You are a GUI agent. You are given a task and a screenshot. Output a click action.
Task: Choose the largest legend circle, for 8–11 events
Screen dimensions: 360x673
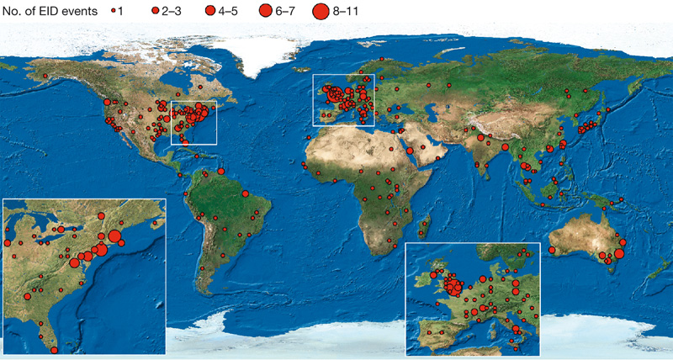coord(321,12)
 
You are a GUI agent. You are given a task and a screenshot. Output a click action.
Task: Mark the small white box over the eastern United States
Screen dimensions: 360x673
coord(194,122)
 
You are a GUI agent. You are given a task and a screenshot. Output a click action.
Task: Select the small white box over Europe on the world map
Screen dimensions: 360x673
coord(343,99)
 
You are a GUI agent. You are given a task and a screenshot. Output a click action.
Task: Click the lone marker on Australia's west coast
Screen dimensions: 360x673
coord(553,250)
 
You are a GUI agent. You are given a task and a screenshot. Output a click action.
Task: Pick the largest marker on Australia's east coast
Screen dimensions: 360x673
coord(619,253)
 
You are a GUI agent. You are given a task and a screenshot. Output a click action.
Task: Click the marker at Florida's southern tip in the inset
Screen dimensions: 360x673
coord(55,350)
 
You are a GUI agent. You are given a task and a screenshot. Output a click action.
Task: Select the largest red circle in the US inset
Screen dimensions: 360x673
coord(100,250)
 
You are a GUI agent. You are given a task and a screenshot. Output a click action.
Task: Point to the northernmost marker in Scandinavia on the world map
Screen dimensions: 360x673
coord(382,60)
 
